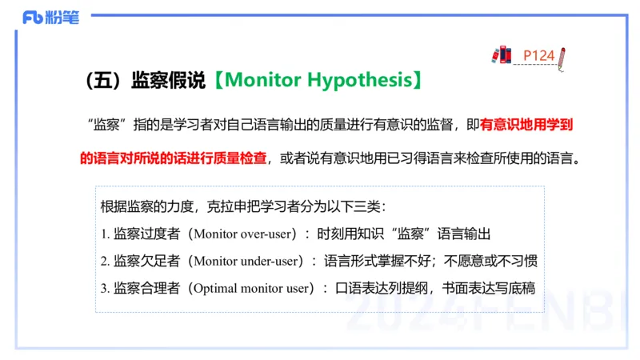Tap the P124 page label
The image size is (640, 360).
[x=538, y=55]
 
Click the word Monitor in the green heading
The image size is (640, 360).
[x=263, y=80]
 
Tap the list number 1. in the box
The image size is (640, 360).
[x=106, y=234]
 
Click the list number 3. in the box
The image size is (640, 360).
[x=106, y=288]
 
